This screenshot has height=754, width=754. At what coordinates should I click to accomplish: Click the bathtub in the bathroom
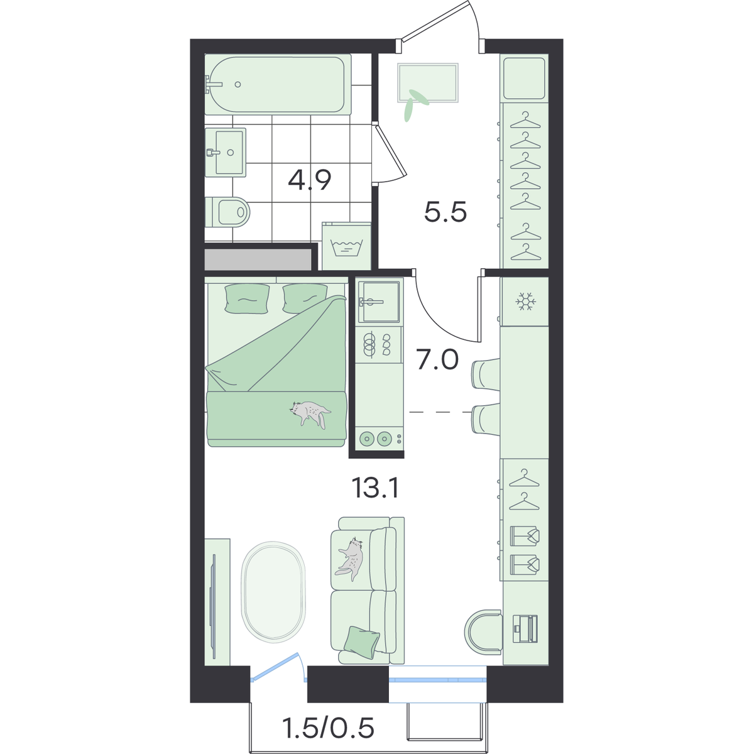coord(278,85)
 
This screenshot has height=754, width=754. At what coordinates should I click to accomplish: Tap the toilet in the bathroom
coord(227,212)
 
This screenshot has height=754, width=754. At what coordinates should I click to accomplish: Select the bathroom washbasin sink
coord(226,152)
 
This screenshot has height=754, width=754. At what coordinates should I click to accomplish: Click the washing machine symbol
coord(347,246)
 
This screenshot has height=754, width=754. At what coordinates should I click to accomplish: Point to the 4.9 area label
coord(310,180)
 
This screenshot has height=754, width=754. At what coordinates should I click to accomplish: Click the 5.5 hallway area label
coord(445,212)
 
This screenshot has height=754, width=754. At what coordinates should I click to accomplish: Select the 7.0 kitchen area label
coord(437,360)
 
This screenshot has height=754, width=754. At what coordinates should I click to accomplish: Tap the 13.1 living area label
coord(375,488)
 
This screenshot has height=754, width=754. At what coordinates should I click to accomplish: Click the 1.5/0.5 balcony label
coord(329,727)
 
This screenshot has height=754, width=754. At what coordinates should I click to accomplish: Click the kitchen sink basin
coord(379,301)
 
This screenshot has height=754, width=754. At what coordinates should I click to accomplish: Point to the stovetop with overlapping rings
coord(378,345)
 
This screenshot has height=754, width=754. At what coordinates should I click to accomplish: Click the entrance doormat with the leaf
coord(428,83)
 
